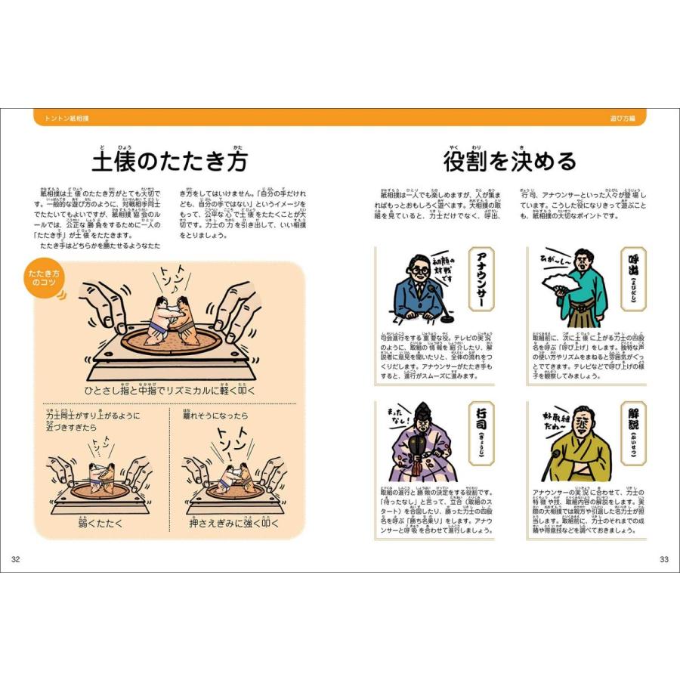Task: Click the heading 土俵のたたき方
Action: coord(169,161)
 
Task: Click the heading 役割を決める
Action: coord(510,161)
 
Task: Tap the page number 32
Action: coord(16,559)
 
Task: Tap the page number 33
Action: coord(664,559)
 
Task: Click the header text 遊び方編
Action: coord(623,119)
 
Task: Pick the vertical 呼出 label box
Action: coord(634,280)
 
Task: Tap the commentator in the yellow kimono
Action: coord(580,450)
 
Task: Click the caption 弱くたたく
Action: coord(100,523)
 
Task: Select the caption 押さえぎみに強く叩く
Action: coord(233,523)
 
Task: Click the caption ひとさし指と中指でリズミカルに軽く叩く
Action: coord(170,390)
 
